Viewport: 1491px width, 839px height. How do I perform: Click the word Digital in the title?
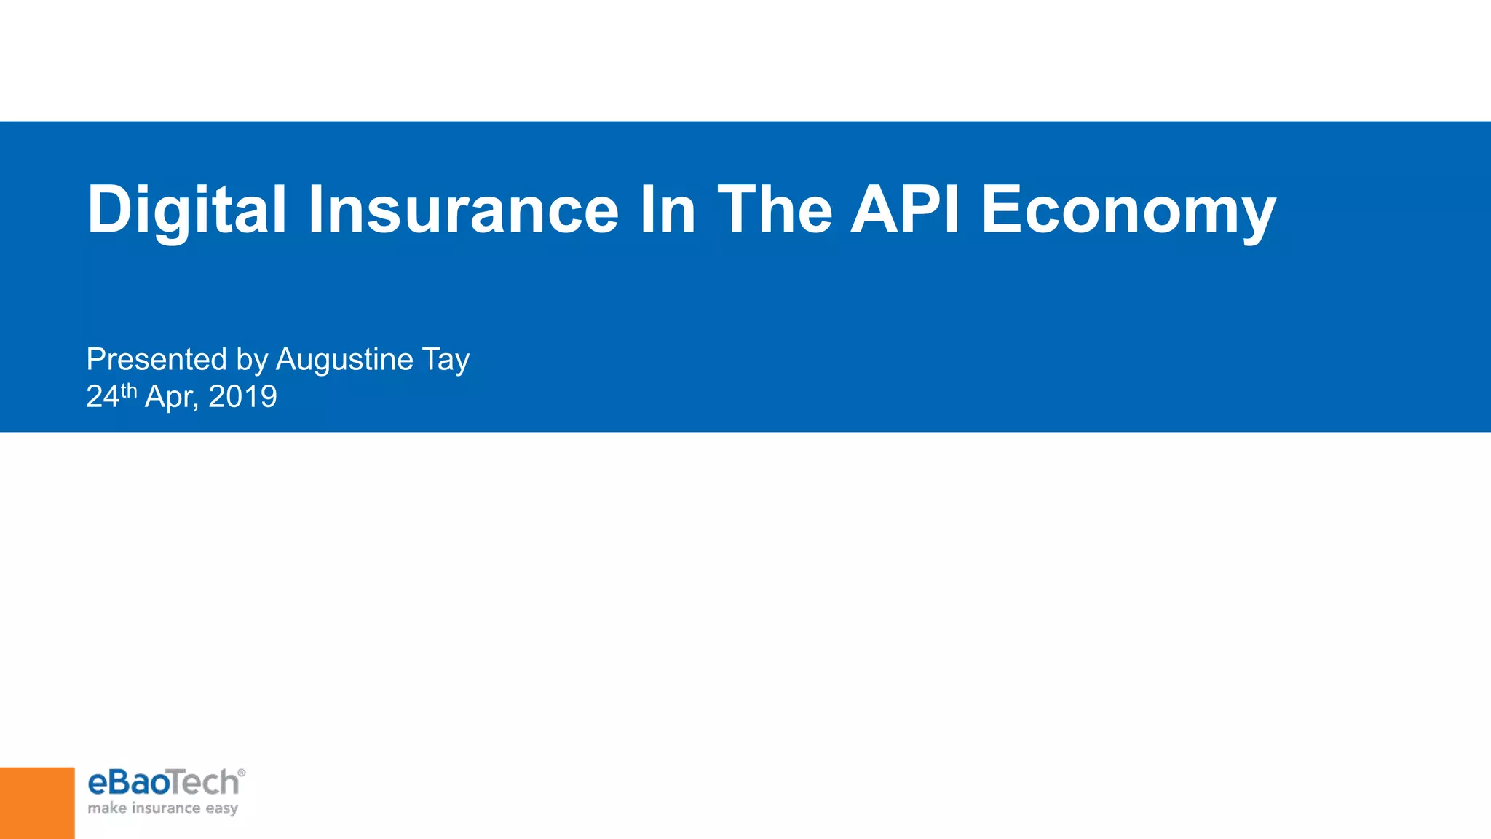(x=186, y=210)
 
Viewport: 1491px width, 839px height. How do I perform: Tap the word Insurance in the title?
(x=463, y=210)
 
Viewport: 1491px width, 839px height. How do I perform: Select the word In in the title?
(x=667, y=210)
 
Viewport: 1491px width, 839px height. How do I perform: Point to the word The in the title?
(x=775, y=210)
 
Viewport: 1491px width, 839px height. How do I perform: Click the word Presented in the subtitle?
(x=157, y=359)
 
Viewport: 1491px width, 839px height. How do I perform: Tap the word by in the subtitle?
(x=252, y=361)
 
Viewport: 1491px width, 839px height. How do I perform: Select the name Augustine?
(x=344, y=361)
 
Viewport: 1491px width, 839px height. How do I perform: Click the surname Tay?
(x=446, y=361)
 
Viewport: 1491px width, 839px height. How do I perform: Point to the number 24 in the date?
(x=102, y=397)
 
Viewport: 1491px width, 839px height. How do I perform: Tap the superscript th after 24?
(x=129, y=390)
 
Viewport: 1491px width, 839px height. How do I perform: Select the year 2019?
(x=242, y=397)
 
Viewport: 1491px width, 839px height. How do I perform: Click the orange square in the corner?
(x=37, y=803)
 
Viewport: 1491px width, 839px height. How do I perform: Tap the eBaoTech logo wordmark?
(x=163, y=783)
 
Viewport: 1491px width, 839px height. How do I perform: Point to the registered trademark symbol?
(x=242, y=773)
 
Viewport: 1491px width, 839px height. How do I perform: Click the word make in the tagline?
(x=107, y=808)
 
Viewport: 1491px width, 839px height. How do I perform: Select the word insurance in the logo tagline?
(x=165, y=808)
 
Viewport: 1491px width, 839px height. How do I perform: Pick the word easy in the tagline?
(x=221, y=809)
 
